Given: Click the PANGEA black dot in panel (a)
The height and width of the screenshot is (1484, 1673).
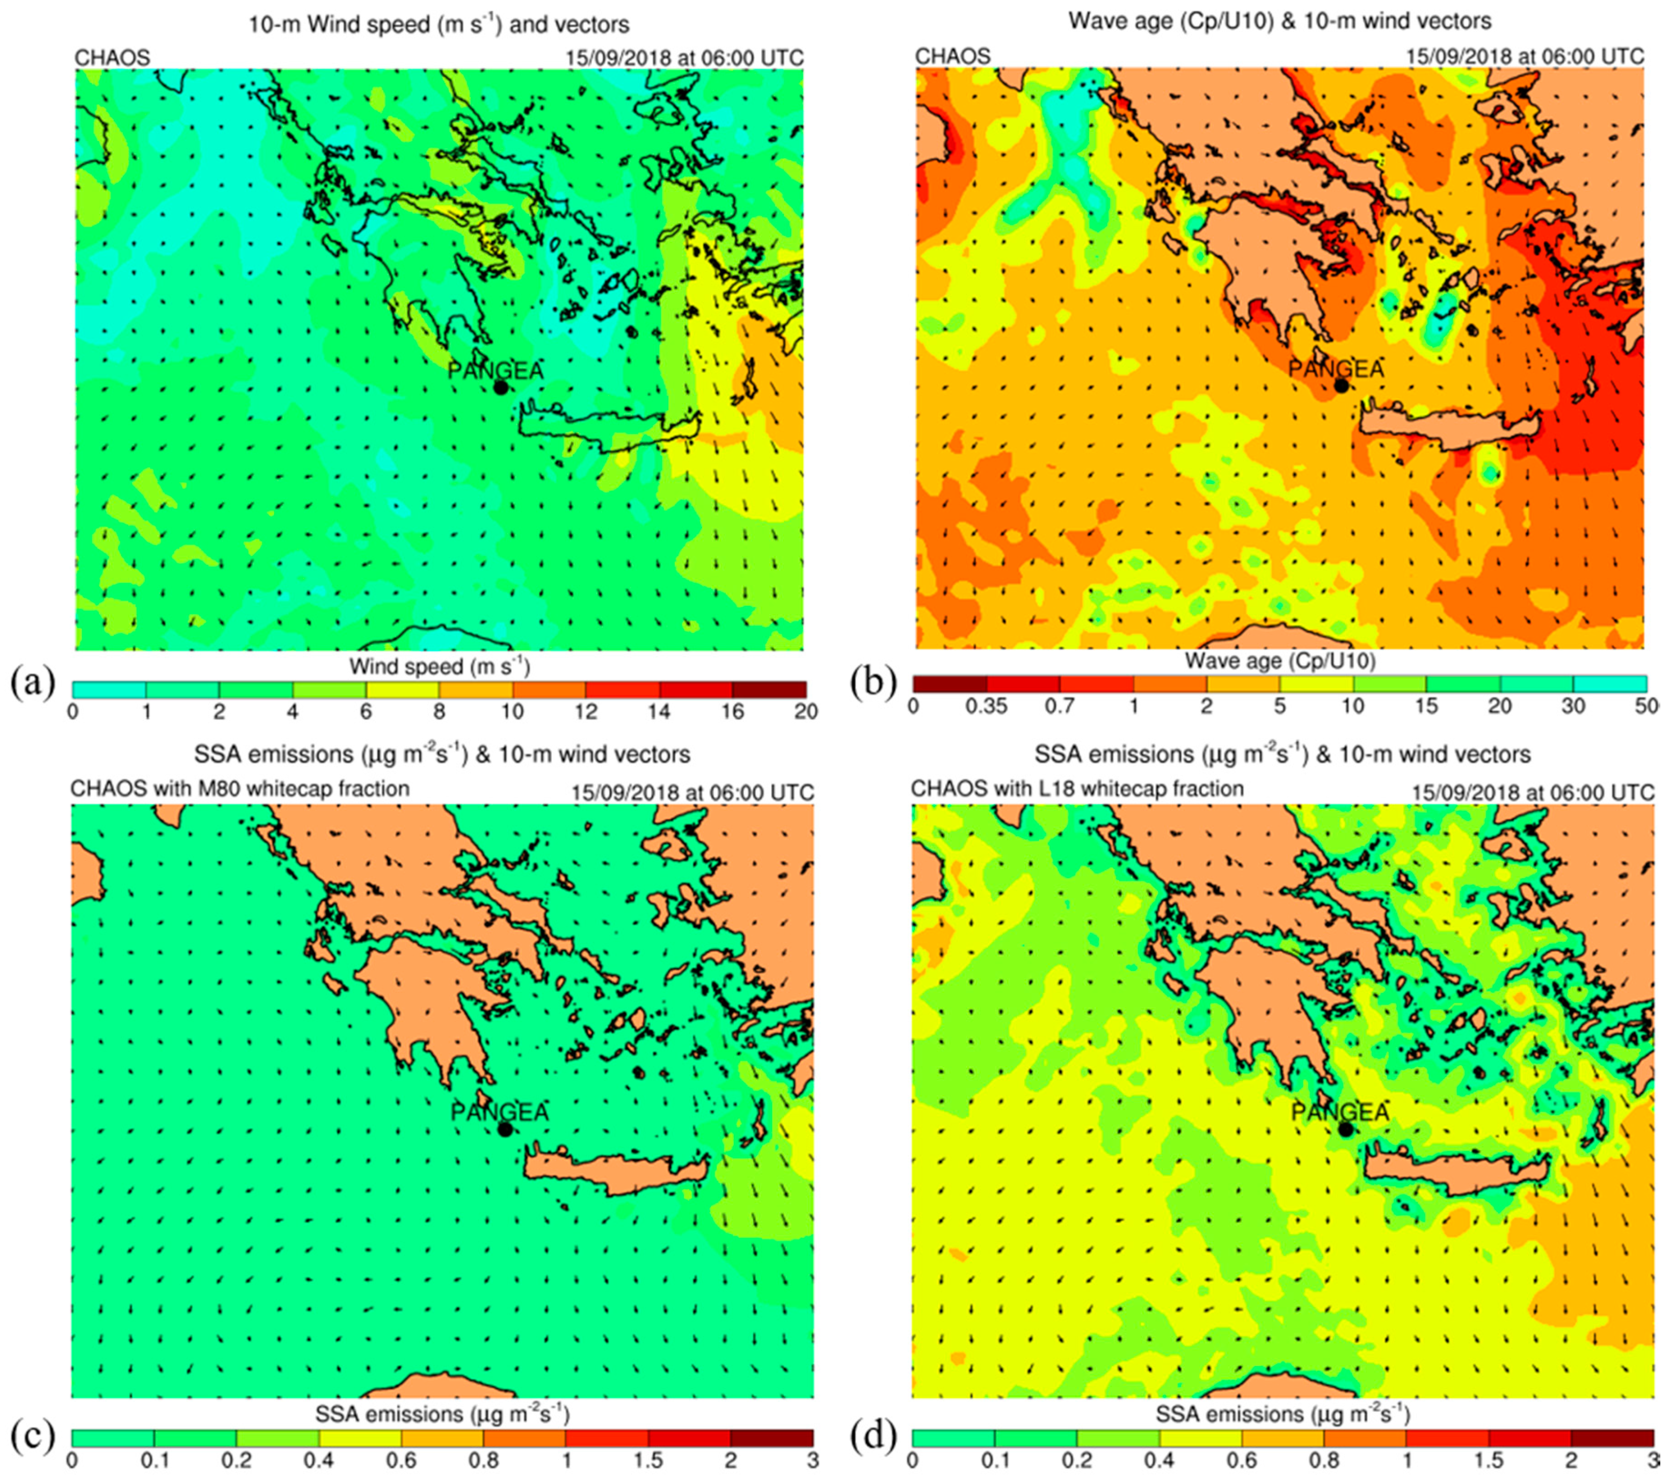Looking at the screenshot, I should tap(501, 387).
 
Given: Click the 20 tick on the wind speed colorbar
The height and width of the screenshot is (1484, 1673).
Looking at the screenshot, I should tap(806, 711).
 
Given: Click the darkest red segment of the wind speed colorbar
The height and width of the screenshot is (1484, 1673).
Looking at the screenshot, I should tap(769, 689).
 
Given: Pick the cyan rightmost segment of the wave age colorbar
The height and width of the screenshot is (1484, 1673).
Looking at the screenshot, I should tap(1609, 683).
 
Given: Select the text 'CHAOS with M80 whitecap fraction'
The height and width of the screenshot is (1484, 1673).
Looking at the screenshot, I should tap(239, 789).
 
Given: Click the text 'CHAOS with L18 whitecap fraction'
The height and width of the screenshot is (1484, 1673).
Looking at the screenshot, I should tap(1077, 789).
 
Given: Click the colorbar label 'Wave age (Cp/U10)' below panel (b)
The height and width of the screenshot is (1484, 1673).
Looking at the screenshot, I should tap(1280, 661).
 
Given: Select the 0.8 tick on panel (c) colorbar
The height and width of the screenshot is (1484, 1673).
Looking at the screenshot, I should tap(483, 1462).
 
